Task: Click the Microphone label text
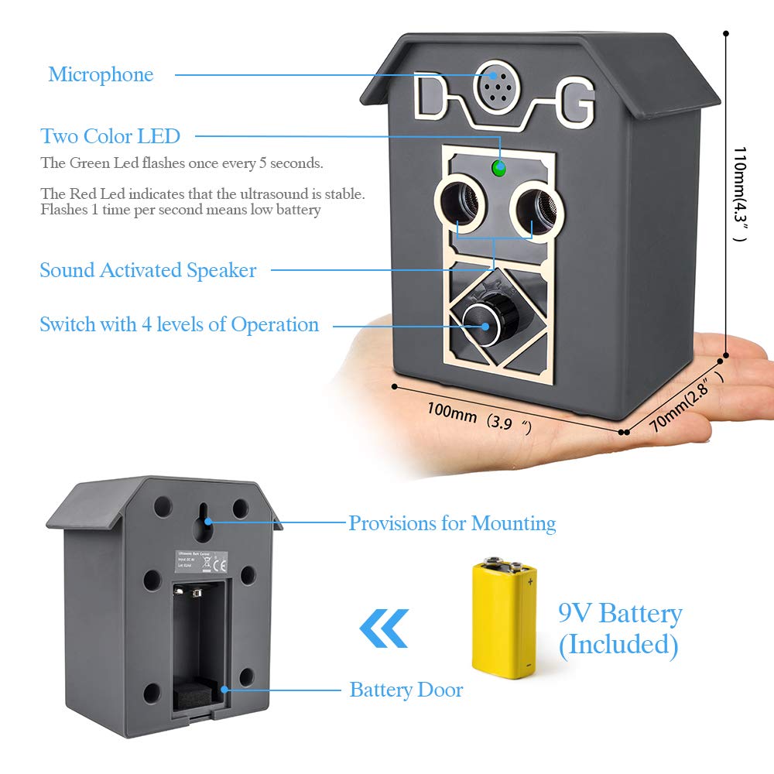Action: pos(101,74)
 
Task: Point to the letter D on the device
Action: pos(431,99)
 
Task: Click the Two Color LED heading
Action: pos(110,136)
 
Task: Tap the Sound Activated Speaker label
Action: pos(148,270)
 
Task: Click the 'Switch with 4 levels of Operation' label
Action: pos(179,324)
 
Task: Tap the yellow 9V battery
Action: pos(504,619)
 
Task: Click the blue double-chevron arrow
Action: pos(383,628)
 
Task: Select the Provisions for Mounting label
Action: pos(452,523)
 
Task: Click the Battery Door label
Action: pos(406,689)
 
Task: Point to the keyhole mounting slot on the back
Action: pos(205,522)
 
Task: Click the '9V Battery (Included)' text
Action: pos(619,628)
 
